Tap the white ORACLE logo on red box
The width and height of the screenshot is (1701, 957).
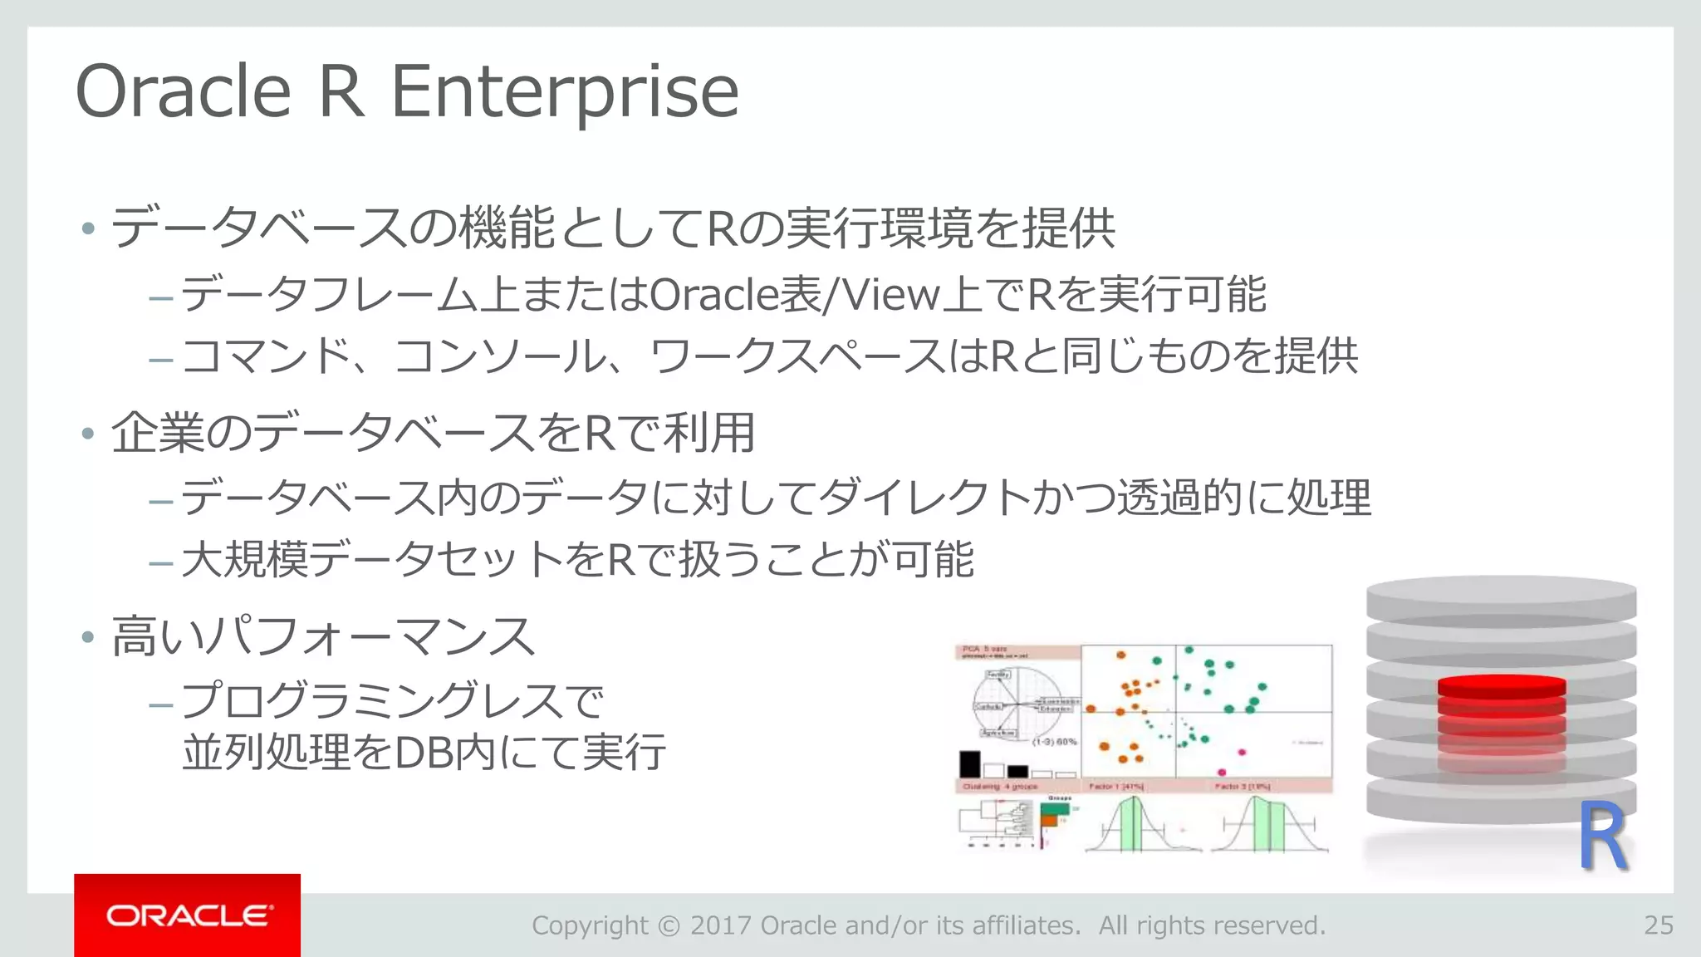click(188, 915)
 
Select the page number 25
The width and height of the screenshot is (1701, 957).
click(1658, 925)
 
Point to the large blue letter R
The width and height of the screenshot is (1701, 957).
click(1602, 837)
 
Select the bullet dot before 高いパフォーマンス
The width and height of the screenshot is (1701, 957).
click(88, 637)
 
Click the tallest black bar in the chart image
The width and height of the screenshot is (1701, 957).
click(969, 763)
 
